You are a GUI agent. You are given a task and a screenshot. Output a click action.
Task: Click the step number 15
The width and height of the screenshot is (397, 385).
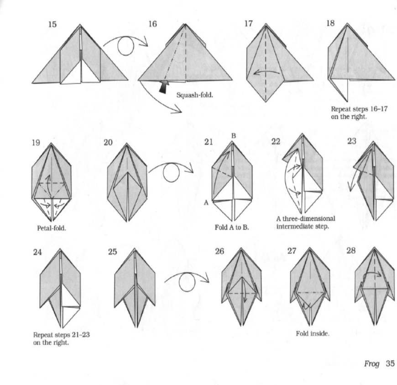[52, 24]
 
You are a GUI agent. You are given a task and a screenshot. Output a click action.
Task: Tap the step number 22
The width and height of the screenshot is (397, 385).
[276, 141]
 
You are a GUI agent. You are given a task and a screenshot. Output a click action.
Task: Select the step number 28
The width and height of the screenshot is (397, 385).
[351, 251]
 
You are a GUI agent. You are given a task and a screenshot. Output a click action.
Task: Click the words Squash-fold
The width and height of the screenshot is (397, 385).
[195, 95]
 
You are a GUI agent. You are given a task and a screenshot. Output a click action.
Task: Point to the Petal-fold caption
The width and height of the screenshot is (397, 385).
[52, 228]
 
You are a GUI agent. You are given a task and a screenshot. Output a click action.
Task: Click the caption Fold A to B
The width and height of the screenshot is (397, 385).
[232, 227]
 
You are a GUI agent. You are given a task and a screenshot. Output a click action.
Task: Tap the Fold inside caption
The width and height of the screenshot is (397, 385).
[313, 333]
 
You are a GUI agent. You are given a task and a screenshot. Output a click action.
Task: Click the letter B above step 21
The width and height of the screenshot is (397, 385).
[234, 136]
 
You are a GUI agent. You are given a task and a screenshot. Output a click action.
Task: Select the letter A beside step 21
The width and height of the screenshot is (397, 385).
[206, 203]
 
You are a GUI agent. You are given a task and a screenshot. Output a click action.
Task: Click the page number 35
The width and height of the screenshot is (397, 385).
[390, 364]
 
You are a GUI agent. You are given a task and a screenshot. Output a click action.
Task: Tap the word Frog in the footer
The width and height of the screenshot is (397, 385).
[372, 364]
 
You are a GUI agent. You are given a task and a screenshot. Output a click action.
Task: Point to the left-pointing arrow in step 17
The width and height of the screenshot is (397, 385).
[267, 71]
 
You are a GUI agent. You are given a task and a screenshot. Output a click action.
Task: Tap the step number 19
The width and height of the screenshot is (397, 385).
[36, 143]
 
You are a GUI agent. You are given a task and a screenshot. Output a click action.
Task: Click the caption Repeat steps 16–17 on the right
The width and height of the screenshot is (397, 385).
[359, 113]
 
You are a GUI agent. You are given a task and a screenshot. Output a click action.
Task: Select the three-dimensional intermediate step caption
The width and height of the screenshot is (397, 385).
[306, 222]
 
